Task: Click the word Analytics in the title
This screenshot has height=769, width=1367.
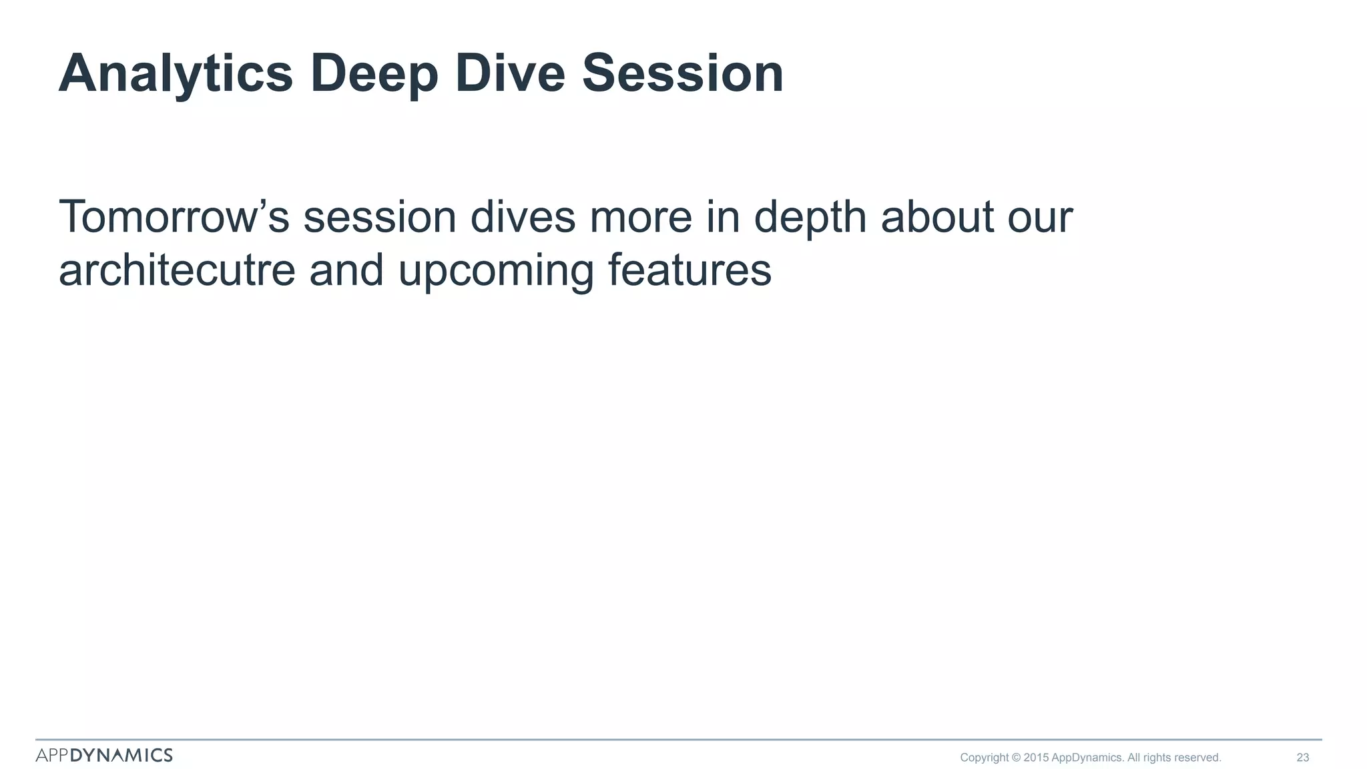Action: pos(176,73)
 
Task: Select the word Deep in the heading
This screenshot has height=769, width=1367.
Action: pos(374,73)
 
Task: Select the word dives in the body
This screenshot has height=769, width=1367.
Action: pos(523,217)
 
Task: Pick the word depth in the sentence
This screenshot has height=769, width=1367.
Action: pos(810,218)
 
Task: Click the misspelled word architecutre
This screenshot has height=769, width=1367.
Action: pos(177,270)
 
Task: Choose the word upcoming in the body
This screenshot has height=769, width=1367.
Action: pos(495,272)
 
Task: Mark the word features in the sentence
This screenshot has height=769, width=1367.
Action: pos(690,270)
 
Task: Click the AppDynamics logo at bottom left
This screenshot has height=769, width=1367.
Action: pos(104,755)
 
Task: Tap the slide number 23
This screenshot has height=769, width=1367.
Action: pos(1302,758)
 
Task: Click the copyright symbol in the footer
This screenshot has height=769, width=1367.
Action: pos(1016,758)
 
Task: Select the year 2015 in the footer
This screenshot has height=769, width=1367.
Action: pos(1036,758)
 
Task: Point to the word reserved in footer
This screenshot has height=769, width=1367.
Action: pos(1197,758)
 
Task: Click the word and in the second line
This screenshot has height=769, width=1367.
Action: pos(346,270)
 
